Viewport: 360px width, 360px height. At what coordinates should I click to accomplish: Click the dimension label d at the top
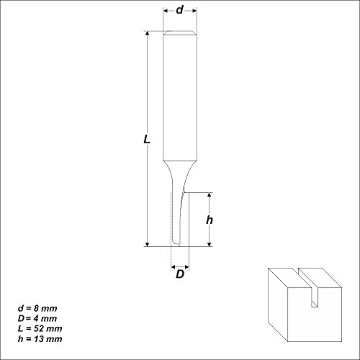(180, 10)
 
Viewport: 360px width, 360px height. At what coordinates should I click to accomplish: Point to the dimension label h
(209, 220)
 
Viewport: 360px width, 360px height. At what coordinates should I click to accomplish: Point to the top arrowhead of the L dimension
(148, 34)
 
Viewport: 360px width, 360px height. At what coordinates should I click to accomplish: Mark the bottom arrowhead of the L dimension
(148, 244)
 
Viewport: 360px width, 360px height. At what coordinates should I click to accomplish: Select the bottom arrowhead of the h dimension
(209, 244)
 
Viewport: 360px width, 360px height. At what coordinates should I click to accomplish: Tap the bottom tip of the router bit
(175, 246)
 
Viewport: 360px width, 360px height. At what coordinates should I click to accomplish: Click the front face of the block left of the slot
(286, 310)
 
